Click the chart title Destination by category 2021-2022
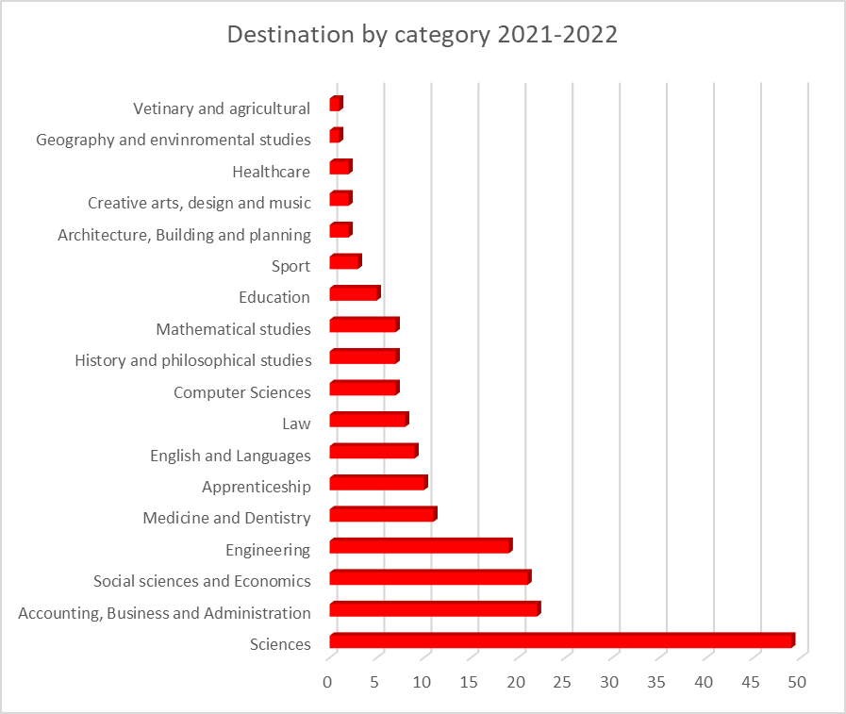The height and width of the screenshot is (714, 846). pyautogui.click(x=423, y=36)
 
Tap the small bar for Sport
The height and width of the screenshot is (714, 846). pyautogui.click(x=344, y=262)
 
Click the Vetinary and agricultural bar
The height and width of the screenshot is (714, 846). pyautogui.click(x=335, y=104)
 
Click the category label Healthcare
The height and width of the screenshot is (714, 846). pyautogui.click(x=271, y=172)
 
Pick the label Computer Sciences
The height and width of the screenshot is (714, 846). pyautogui.click(x=241, y=392)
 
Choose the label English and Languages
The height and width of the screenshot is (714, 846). pyautogui.click(x=230, y=456)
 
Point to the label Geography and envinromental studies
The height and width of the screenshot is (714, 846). pyautogui.click(x=173, y=140)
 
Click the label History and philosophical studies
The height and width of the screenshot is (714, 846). pyautogui.click(x=192, y=360)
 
